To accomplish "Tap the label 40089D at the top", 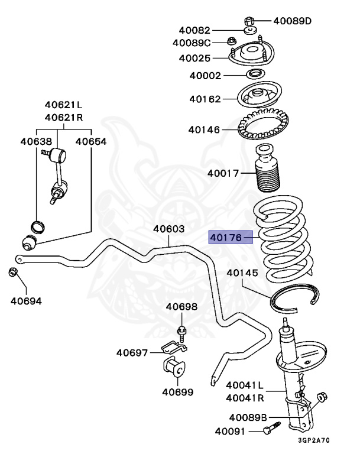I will (x=292, y=21).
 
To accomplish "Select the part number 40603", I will (x=169, y=229).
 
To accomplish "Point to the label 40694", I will (x=26, y=301).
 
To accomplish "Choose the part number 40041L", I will (x=244, y=385).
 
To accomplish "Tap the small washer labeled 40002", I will (x=255, y=74).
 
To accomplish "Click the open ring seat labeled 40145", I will (x=296, y=299).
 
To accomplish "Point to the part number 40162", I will (x=205, y=98).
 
